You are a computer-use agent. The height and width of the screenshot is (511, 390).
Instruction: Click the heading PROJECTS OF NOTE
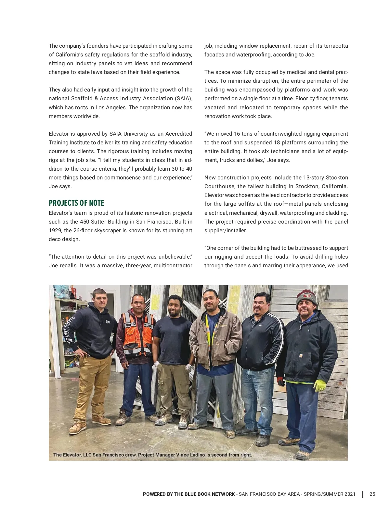click(76, 203)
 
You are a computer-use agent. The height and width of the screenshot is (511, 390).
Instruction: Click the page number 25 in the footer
click(372, 494)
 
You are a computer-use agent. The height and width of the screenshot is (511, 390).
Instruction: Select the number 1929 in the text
click(55, 230)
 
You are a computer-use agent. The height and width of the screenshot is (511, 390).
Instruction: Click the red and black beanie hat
click(306, 298)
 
